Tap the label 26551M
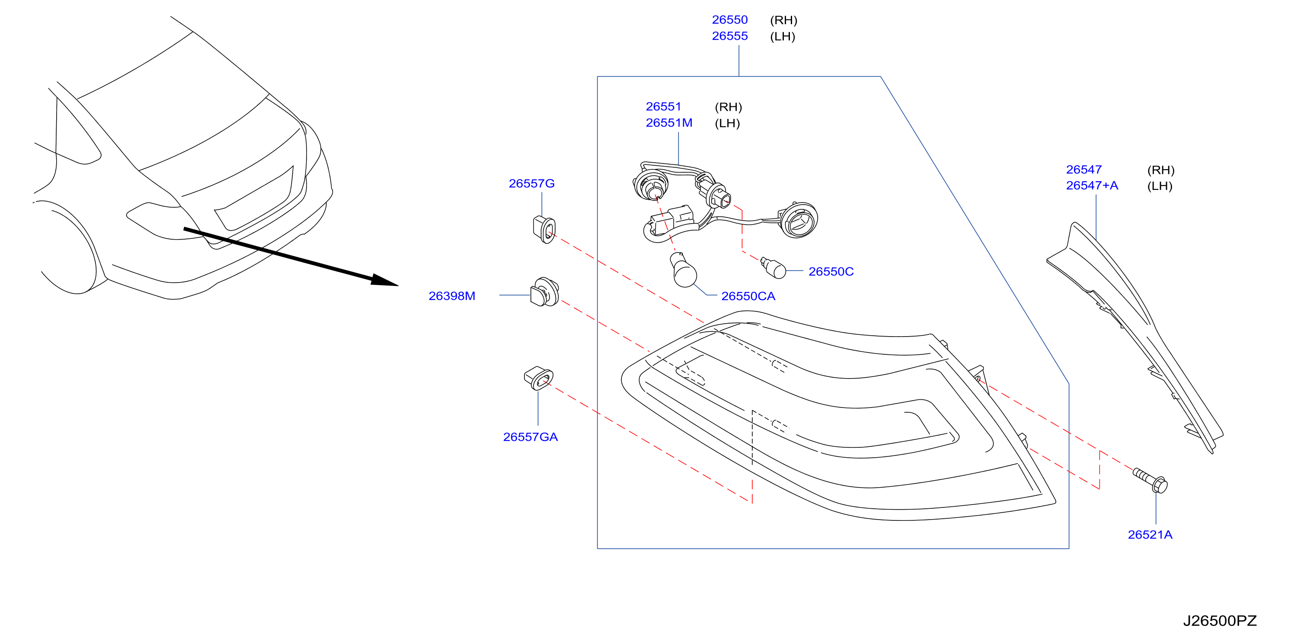coord(669,123)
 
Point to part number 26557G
coord(531,183)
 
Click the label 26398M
coord(451,296)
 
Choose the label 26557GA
coord(530,437)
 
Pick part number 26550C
coord(831,272)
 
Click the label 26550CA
coord(748,296)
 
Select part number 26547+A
coord(1091,185)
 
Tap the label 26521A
coord(1150,534)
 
